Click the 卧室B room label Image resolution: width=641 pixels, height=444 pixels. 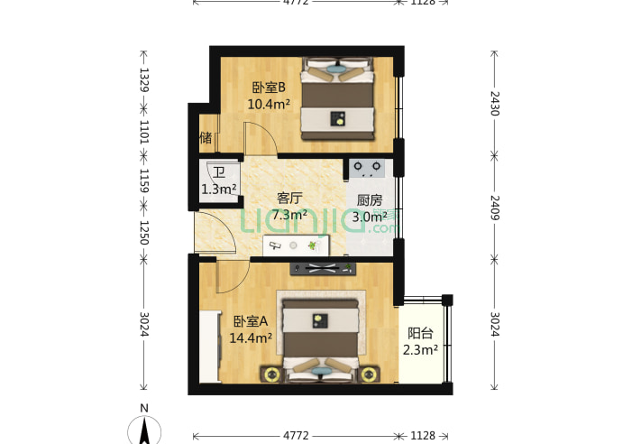pos(269,88)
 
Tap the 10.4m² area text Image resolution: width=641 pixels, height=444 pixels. pos(269,104)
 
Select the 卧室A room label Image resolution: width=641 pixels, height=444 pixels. pos(251,321)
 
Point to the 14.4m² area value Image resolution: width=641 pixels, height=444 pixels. pos(251,338)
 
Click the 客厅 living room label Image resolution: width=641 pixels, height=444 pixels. pos(288,199)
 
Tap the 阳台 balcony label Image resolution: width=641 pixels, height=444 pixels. pos(420,333)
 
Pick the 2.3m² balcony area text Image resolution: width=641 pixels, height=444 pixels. pos(420,349)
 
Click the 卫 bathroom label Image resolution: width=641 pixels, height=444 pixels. pos(219,173)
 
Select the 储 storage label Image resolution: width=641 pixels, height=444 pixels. pos(206,138)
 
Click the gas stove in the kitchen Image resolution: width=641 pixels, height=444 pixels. pos(368,167)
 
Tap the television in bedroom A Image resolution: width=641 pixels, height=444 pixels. pos(322,268)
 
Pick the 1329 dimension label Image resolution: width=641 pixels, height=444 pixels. pos(144,82)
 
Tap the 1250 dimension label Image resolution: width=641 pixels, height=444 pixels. pos(144,233)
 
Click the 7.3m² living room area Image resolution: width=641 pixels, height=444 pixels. pos(288,215)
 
